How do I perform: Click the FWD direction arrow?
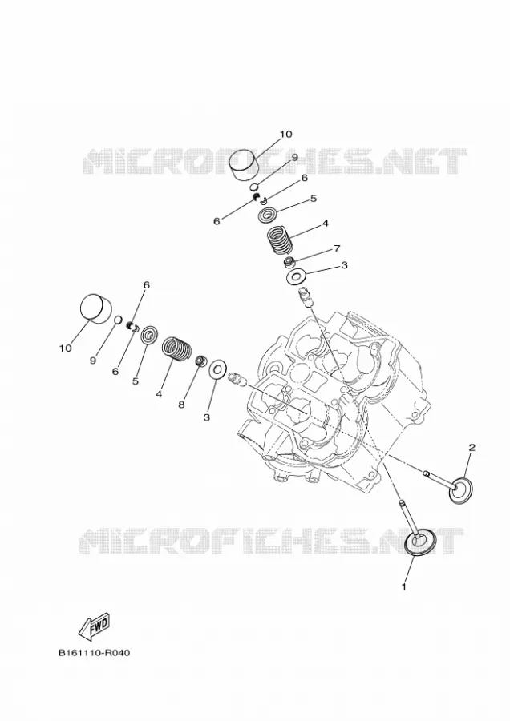(x=95, y=626)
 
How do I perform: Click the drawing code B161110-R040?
(x=95, y=652)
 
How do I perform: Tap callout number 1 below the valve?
(x=404, y=586)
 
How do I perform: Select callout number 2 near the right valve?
(x=472, y=447)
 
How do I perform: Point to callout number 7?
(x=337, y=248)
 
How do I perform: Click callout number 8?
(x=181, y=405)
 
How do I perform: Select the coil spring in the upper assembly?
(x=281, y=240)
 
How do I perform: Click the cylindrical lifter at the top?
(x=244, y=164)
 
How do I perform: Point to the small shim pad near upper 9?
(x=253, y=187)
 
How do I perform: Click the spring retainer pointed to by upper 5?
(x=268, y=215)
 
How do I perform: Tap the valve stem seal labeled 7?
(x=289, y=263)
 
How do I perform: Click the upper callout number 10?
(x=285, y=135)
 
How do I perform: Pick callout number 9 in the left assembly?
(x=93, y=361)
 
